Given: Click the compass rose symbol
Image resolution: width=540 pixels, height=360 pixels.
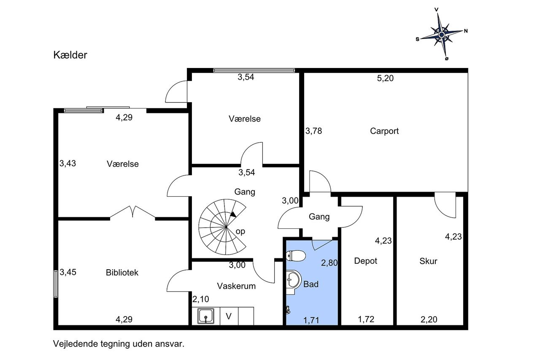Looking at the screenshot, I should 441,34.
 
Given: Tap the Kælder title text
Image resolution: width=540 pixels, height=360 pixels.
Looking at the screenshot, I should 70,55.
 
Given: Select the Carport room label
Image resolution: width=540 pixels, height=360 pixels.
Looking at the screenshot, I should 384,131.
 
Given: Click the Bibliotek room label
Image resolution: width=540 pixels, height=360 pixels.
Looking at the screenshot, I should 122,273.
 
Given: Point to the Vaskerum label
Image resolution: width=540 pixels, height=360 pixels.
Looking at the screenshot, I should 236,286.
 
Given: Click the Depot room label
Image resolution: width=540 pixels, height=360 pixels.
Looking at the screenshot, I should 366,261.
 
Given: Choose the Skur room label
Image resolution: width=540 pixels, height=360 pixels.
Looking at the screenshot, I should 428,261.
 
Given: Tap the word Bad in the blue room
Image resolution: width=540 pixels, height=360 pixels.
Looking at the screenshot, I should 311,284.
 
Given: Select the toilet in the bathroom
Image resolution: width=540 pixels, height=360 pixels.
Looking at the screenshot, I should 295,255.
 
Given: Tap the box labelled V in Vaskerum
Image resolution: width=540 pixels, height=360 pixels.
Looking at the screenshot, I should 229,316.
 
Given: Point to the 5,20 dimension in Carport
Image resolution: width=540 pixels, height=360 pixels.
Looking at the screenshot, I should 385,78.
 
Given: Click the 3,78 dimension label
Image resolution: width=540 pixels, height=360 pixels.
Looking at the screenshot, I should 313,131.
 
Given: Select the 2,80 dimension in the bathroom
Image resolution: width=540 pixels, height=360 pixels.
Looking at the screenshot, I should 329,263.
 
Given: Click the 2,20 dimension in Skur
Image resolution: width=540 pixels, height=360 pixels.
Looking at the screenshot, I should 429,319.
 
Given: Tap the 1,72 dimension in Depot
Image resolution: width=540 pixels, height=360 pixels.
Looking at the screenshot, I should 366,319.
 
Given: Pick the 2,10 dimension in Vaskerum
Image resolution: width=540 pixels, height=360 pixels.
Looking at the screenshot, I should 201,299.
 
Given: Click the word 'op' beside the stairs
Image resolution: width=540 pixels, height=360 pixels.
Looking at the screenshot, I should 240,231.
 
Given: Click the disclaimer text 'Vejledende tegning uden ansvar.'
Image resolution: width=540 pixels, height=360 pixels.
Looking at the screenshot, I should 119,344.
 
